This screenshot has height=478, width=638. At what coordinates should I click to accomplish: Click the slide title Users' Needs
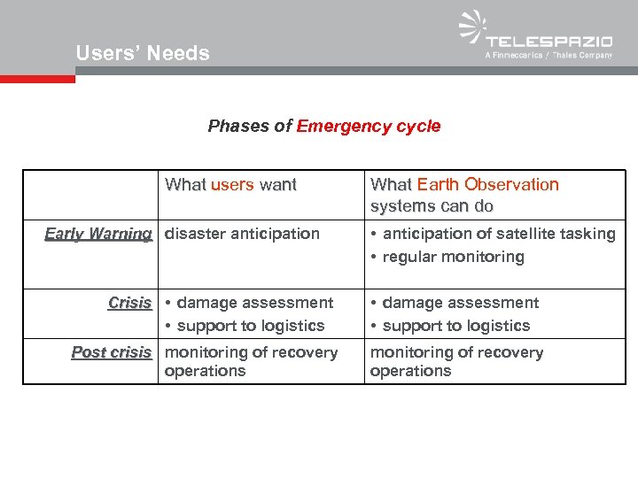pos(143,53)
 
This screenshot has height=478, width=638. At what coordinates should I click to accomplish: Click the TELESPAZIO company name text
pos(549,41)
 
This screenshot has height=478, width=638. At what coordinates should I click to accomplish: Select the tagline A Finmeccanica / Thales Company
pos(549,56)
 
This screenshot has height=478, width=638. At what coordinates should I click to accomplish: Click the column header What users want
pos(230,185)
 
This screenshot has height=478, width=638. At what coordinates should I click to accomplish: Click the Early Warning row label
pos(98,234)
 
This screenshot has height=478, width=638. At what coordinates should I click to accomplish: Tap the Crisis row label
pos(129,303)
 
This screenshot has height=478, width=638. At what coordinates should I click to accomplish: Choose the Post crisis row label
pos(112,352)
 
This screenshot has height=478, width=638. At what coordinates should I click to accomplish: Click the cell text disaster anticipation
pos(242,234)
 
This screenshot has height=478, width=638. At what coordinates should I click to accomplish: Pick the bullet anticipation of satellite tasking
pos(499,234)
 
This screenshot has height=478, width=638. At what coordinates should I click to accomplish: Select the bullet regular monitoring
pos(453,257)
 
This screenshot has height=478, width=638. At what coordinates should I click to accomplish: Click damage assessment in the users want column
pos(255,303)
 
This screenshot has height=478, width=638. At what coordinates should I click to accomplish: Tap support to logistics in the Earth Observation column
pos(456,326)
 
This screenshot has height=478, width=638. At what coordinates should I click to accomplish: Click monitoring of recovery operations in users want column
pos(251,361)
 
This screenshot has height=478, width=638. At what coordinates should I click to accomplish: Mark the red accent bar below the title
pos(37,79)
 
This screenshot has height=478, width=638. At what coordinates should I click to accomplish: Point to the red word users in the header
pos(233,185)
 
